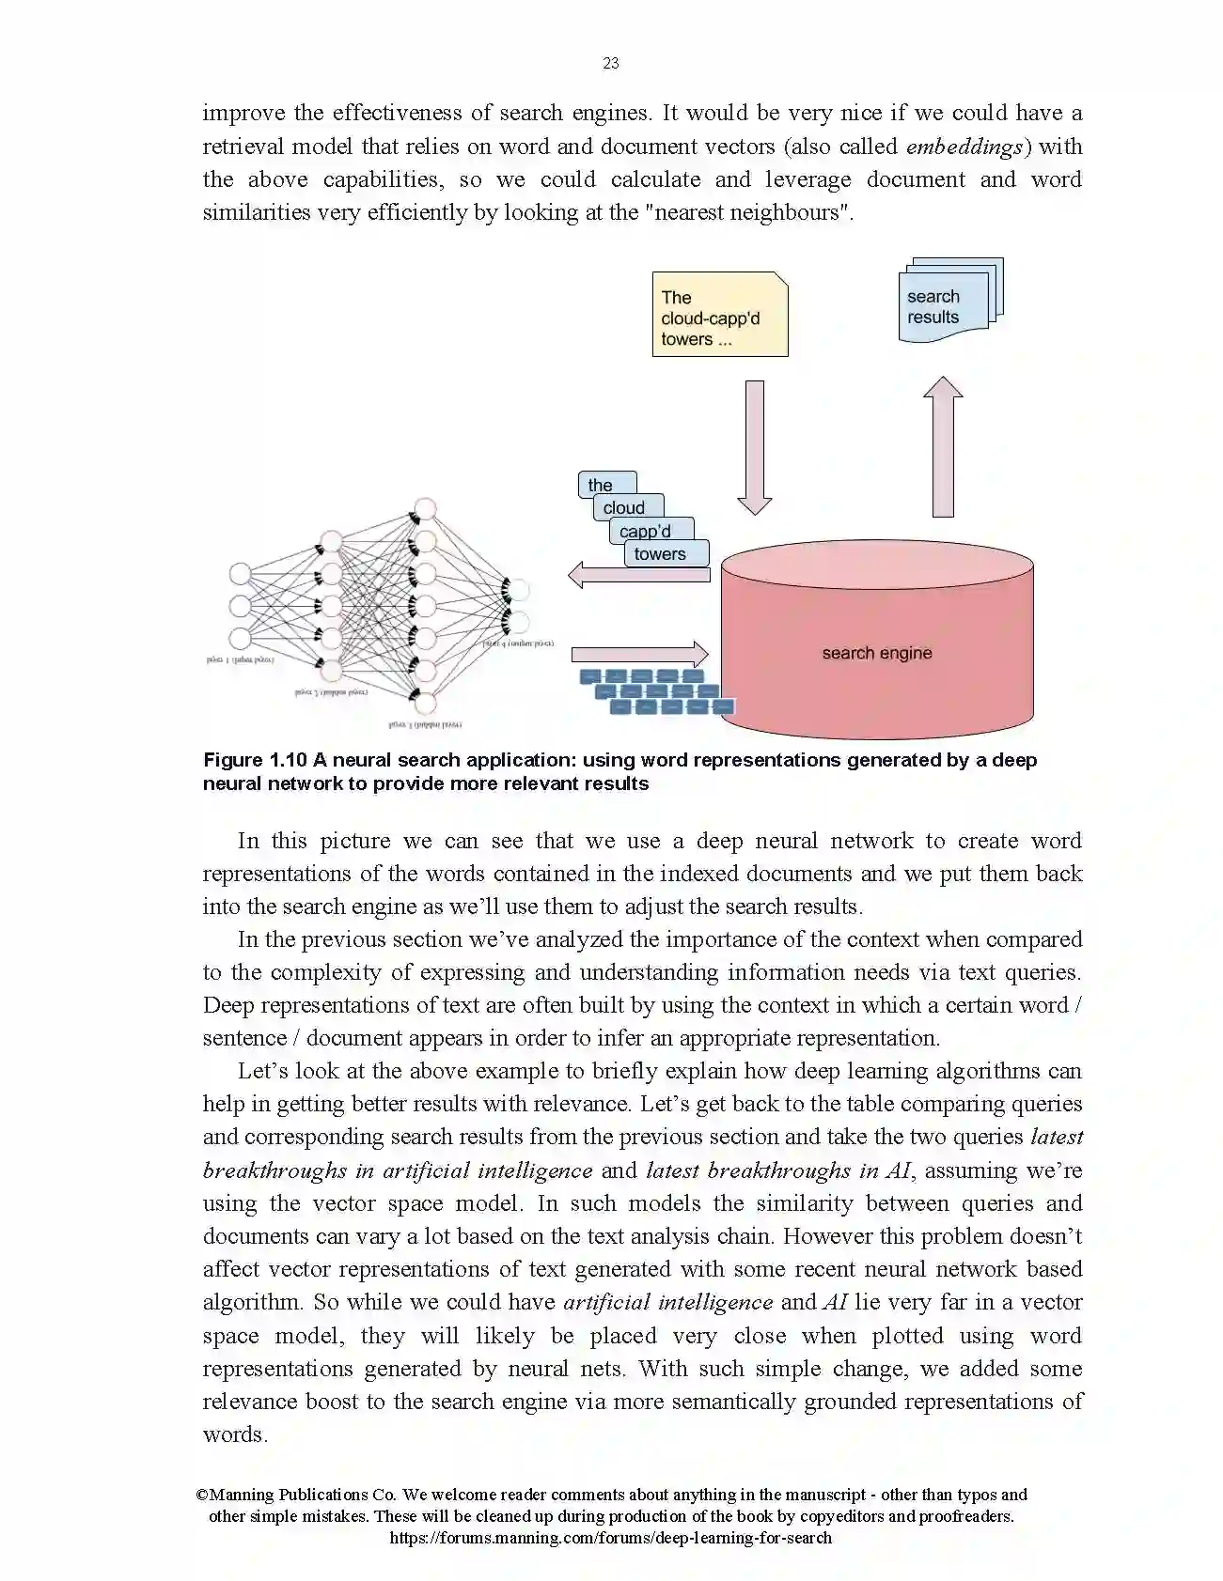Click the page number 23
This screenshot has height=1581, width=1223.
(x=611, y=63)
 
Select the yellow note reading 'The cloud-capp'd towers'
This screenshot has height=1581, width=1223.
(x=719, y=315)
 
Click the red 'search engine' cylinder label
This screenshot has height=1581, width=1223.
(x=876, y=653)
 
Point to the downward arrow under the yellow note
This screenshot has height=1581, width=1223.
(x=754, y=446)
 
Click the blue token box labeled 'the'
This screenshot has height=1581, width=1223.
(x=601, y=484)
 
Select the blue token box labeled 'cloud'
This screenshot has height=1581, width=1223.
(x=624, y=507)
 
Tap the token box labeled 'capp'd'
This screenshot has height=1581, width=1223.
(x=646, y=531)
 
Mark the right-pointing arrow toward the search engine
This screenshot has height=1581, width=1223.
(x=639, y=654)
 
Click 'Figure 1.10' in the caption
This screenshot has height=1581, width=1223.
(x=255, y=760)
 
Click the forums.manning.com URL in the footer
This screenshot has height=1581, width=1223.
(x=610, y=1538)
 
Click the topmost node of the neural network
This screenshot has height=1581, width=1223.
(x=425, y=510)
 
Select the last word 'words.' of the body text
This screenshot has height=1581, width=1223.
(x=235, y=1434)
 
